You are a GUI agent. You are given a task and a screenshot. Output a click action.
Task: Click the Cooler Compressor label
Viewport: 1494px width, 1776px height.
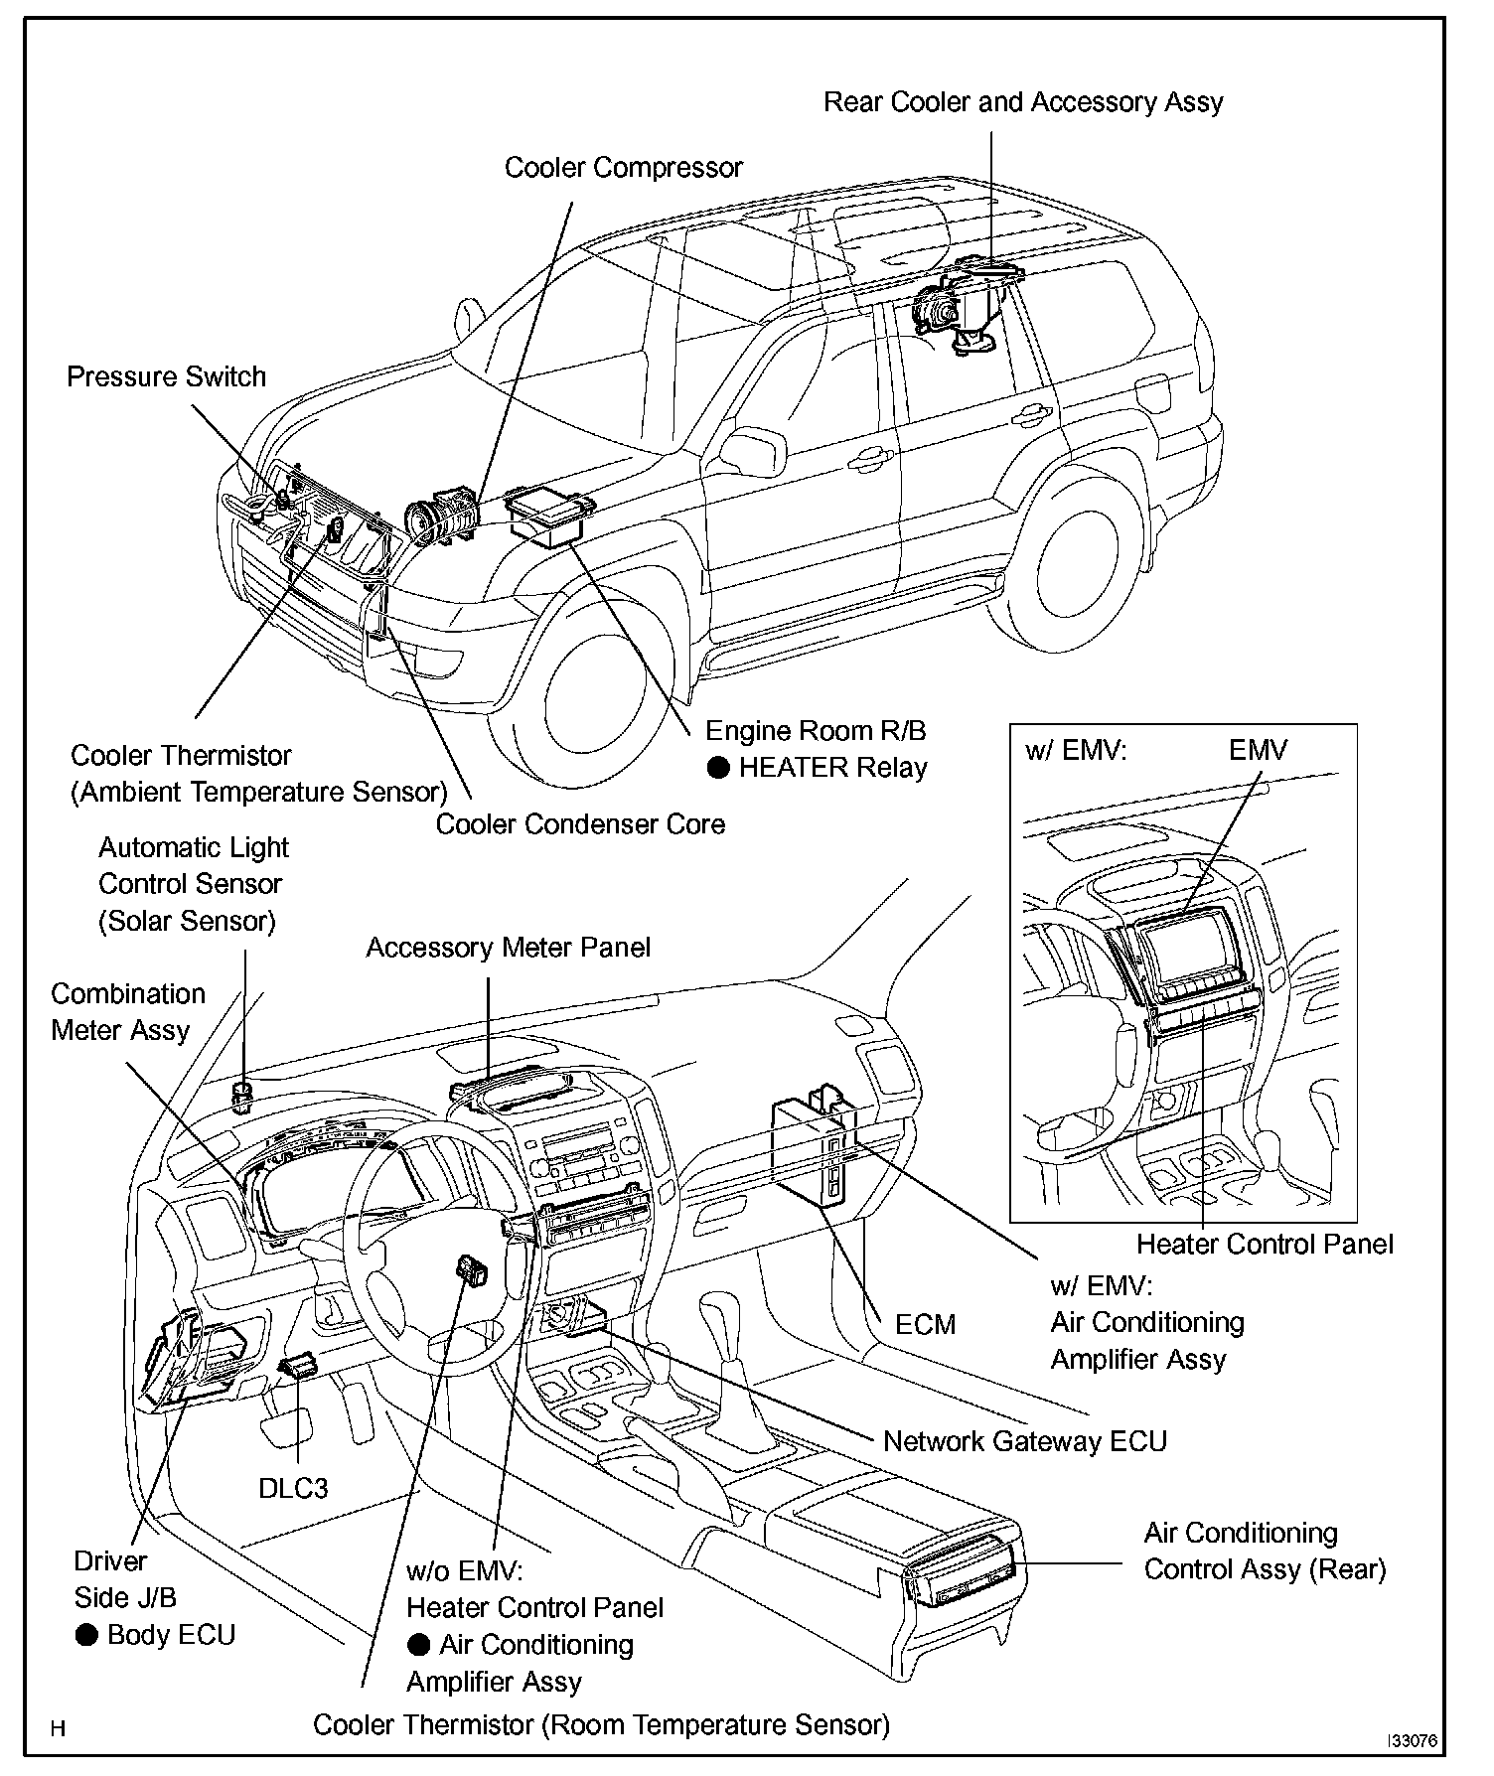click(623, 167)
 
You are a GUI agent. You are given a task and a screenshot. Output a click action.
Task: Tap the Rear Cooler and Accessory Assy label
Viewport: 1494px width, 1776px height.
click(1023, 102)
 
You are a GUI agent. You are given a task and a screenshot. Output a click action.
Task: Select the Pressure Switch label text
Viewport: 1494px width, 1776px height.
click(166, 376)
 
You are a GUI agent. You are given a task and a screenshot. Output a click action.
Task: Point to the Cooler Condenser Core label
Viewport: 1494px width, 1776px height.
click(580, 823)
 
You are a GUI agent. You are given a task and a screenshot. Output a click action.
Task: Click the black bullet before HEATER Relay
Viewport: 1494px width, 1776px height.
click(718, 768)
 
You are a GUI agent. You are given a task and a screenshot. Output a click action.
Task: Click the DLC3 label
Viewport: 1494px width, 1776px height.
click(293, 1488)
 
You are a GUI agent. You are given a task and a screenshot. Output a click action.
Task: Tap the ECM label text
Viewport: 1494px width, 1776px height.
click(925, 1324)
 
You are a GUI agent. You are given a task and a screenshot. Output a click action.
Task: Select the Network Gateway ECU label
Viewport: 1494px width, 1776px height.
click(1025, 1441)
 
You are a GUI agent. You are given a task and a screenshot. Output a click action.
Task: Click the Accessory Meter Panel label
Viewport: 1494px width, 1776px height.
click(508, 948)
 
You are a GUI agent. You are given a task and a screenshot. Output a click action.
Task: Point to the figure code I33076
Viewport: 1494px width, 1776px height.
click(1412, 1741)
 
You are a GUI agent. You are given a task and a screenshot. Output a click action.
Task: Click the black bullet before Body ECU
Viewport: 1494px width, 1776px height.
click(87, 1635)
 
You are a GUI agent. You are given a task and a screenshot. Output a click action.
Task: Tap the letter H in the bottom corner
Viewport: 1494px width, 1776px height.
click(59, 1729)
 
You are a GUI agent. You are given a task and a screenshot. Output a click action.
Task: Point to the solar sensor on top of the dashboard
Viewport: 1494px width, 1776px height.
click(240, 1097)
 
